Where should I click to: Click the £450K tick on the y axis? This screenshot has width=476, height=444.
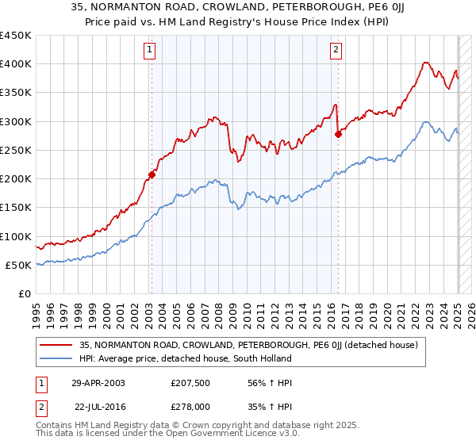[x=15, y=36]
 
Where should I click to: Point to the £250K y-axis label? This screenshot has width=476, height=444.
[x=15, y=150]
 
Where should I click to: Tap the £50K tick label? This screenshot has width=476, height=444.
[x=18, y=265]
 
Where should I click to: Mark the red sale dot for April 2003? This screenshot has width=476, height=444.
[x=152, y=174]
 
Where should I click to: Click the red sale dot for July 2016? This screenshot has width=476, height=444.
[x=338, y=134]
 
